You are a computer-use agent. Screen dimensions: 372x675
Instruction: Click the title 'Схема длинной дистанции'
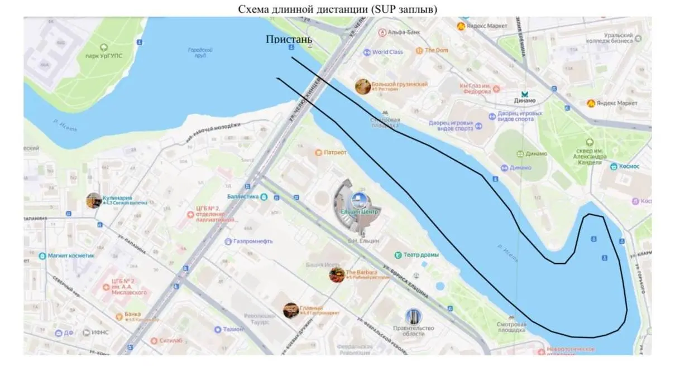337,8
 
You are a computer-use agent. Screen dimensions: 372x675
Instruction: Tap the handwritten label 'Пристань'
289,40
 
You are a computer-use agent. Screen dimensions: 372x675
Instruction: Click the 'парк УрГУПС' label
104,56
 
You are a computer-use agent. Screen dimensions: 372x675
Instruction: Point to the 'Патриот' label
335,152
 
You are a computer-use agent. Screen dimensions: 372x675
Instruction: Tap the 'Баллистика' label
243,197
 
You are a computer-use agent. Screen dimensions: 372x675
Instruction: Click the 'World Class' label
387,52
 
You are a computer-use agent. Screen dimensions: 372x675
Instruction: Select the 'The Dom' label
436,51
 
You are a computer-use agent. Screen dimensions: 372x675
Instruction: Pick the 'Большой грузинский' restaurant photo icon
363,86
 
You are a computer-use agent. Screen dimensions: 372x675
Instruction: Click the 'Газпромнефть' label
252,241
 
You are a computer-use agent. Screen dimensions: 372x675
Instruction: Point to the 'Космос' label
629,166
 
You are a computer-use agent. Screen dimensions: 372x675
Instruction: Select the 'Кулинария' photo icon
94,200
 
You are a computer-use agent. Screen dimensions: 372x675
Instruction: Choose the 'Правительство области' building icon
413,317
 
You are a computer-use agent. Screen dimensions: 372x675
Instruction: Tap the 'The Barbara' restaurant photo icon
337,274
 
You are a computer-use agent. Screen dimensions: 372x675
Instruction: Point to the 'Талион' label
233,330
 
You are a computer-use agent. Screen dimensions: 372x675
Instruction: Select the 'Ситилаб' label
170,340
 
